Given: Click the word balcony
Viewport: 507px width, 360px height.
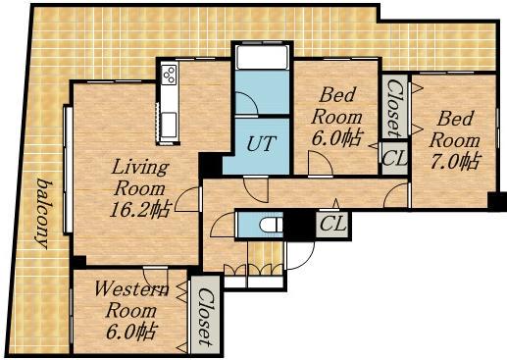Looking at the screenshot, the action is click(44, 214).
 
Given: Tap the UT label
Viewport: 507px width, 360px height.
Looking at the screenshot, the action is click(261, 143).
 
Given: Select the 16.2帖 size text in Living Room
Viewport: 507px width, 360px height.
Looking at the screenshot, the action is click(140, 210).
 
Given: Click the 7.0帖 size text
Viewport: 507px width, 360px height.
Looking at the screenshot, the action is click(455, 161).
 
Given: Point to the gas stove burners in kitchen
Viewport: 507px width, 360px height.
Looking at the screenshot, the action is click(170, 75).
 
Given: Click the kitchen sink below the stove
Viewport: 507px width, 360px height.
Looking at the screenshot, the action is click(170, 124).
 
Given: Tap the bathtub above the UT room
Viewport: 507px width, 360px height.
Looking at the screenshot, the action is click(263, 57).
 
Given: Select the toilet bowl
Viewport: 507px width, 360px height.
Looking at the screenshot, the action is click(271, 225).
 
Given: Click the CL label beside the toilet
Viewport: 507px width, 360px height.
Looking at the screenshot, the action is click(332, 224).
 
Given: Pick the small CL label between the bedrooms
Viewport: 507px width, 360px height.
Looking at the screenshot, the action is click(395, 158).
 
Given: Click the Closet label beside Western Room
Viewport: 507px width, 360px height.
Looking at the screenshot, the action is click(206, 317).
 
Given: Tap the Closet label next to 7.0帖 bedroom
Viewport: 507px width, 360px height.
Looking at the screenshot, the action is click(394, 108).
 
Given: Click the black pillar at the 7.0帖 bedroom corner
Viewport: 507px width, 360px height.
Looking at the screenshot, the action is click(497, 201).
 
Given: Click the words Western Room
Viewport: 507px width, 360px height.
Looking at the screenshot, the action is click(131, 299).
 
